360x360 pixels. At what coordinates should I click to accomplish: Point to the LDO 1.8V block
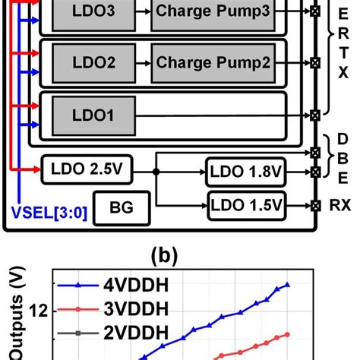[x=246, y=172]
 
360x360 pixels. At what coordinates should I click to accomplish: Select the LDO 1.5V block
[x=246, y=204]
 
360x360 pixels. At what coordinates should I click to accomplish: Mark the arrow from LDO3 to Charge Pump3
[x=140, y=14]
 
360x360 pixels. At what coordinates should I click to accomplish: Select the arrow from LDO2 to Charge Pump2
[x=140, y=63]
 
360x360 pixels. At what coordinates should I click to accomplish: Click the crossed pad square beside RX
[x=315, y=205]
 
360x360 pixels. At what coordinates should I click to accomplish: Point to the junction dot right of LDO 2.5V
[x=156, y=172]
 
